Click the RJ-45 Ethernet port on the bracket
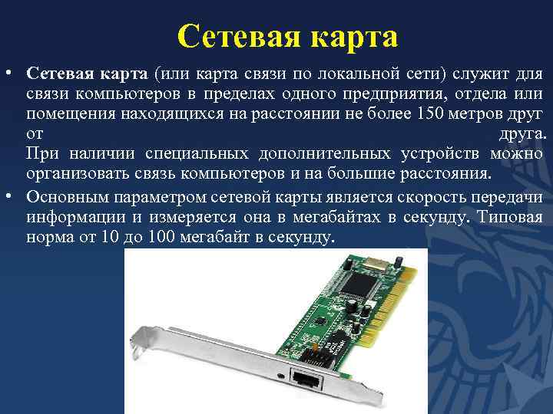point(306,377)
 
